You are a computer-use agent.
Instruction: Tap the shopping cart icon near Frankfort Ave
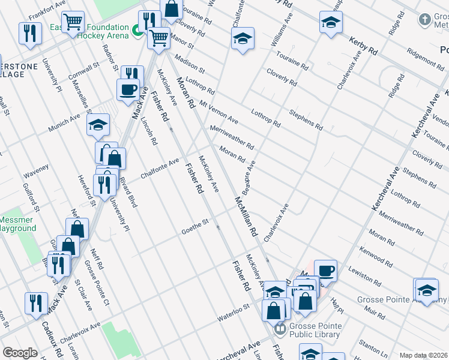point(73,22)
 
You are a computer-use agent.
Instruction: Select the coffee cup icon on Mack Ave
point(128,89)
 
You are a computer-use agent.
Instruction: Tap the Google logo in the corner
point(20,353)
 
